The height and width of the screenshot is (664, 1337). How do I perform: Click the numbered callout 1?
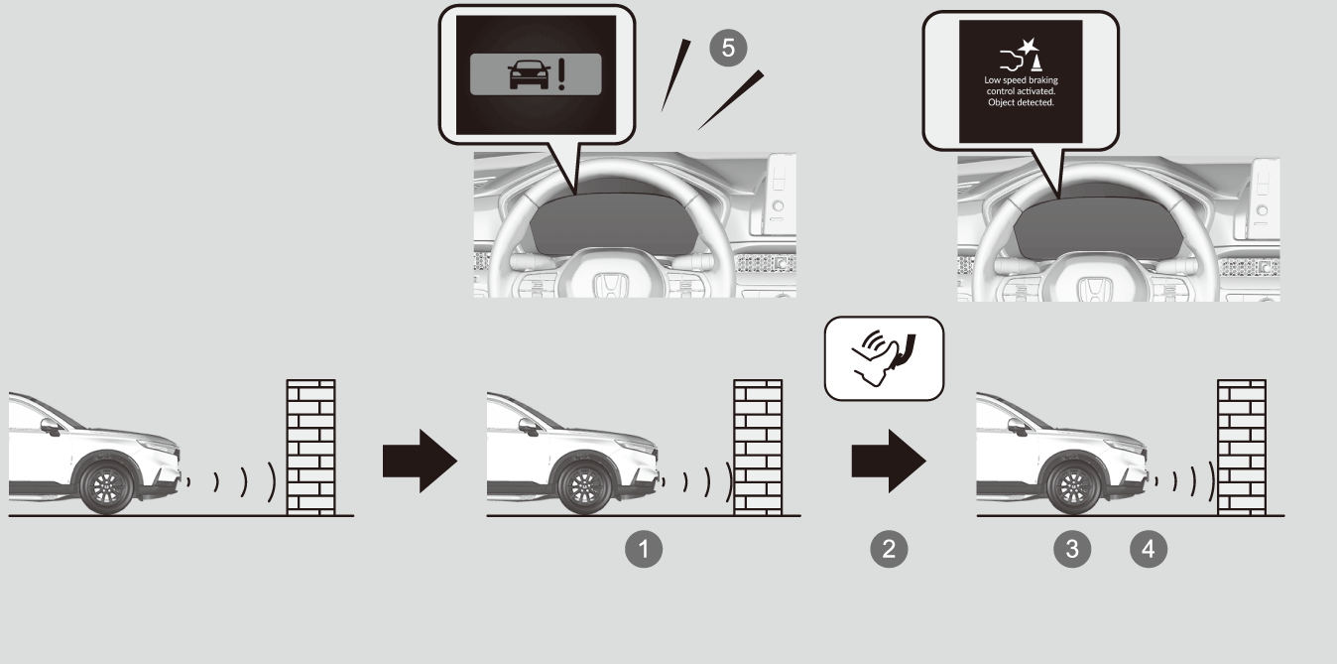pyautogui.click(x=644, y=549)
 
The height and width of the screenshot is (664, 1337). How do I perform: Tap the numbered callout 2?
pyautogui.click(x=889, y=549)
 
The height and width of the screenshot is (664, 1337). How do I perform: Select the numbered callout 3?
pyautogui.click(x=1072, y=549)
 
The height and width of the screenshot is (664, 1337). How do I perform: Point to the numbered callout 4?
pyautogui.click(x=1149, y=549)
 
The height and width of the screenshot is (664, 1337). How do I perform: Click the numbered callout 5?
pyautogui.click(x=728, y=48)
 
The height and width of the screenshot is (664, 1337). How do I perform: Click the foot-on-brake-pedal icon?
pyautogui.click(x=884, y=357)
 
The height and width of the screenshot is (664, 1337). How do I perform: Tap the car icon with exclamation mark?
pyautogui.click(x=536, y=74)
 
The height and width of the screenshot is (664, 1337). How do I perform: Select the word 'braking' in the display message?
pyautogui.click(x=1043, y=80)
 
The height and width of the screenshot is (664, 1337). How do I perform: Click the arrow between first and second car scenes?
pyautogui.click(x=420, y=461)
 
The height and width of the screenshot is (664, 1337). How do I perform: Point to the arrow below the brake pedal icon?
pyautogui.click(x=889, y=461)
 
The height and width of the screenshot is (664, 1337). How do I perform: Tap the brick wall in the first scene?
pyautogui.click(x=311, y=447)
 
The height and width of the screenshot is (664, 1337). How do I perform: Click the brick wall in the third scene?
pyautogui.click(x=1242, y=447)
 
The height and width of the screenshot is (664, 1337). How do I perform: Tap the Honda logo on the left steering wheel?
pyautogui.click(x=610, y=286)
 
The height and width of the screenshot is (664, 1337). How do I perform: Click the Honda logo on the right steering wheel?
pyautogui.click(x=1093, y=290)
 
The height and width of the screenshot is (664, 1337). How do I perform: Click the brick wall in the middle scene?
pyautogui.click(x=758, y=447)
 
